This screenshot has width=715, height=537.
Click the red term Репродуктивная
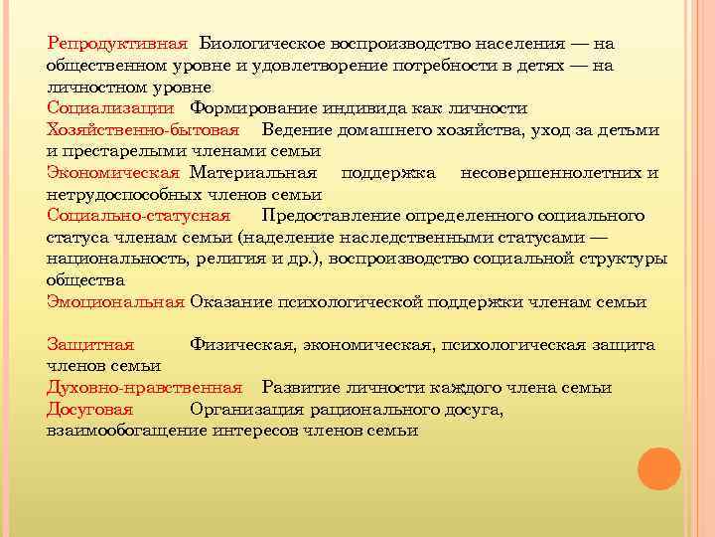pyautogui.click(x=117, y=45)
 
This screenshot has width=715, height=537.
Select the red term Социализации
pyautogui.click(x=110, y=108)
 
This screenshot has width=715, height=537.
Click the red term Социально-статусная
pyautogui.click(x=138, y=216)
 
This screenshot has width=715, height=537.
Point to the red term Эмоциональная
pyautogui.click(x=115, y=301)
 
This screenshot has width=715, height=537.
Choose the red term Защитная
pyautogui.click(x=90, y=344)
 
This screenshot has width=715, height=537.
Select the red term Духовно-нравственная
pyautogui.click(x=144, y=387)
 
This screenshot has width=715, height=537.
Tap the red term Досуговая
pyautogui.click(x=89, y=409)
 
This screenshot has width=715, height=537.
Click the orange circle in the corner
pyautogui.click(x=657, y=468)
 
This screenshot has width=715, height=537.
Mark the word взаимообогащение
pyautogui.click(x=125, y=431)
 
